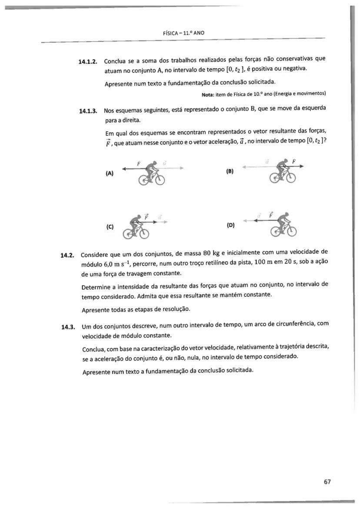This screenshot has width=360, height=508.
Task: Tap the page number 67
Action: tap(327, 481)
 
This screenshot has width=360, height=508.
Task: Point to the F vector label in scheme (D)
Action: tap(270, 214)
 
